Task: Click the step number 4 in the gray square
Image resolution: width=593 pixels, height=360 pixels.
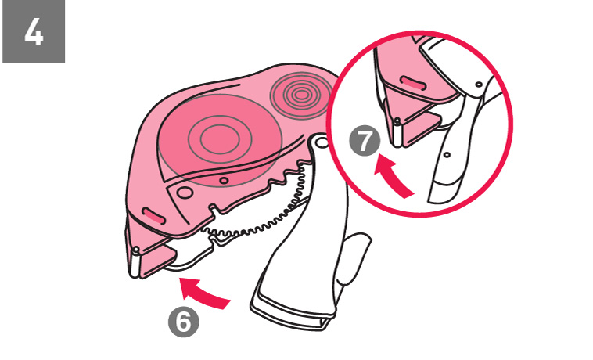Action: click(34, 33)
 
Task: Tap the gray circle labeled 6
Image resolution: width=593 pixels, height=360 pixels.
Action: click(183, 322)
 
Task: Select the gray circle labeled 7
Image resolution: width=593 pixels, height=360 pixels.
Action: click(365, 141)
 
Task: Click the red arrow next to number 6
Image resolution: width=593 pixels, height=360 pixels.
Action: click(204, 292)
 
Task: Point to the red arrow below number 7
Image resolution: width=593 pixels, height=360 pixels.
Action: click(394, 176)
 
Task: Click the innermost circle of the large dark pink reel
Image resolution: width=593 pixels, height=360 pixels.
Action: click(220, 139)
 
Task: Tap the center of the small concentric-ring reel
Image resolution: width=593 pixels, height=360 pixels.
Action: click(301, 95)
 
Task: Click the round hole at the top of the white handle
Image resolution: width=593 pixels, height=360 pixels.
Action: click(321, 142)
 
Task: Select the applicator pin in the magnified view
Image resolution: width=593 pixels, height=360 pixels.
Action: click(397, 132)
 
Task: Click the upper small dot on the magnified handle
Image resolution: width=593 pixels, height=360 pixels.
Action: click(479, 85)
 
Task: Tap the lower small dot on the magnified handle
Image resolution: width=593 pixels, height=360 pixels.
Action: click(447, 155)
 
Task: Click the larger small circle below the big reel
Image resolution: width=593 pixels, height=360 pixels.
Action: click(185, 193)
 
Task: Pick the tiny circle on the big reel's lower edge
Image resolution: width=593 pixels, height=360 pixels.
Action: click(224, 181)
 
